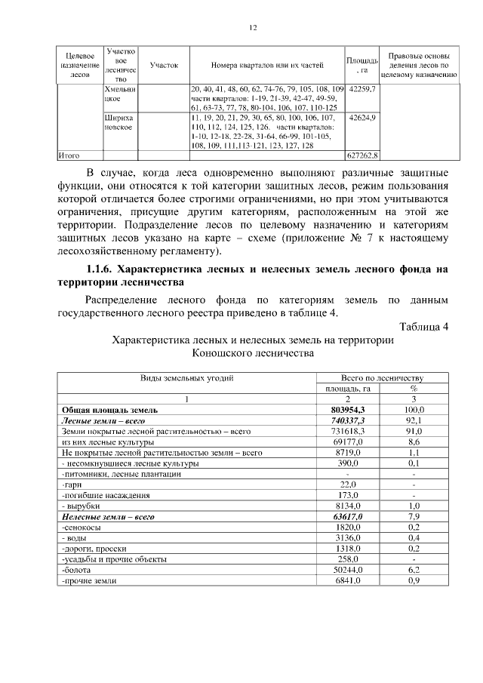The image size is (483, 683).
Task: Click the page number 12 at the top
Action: coord(253,28)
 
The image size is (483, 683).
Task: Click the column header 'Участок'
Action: coord(164,65)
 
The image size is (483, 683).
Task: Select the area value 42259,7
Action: coord(362,89)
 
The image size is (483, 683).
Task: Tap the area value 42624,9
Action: coord(362,118)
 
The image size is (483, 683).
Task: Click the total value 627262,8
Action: coord(362,155)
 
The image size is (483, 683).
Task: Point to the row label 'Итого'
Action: coord(69,155)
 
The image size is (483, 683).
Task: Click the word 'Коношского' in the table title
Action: coord(219,352)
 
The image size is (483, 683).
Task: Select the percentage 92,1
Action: coord(414,420)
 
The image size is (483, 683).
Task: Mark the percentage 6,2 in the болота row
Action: coord(414,571)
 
